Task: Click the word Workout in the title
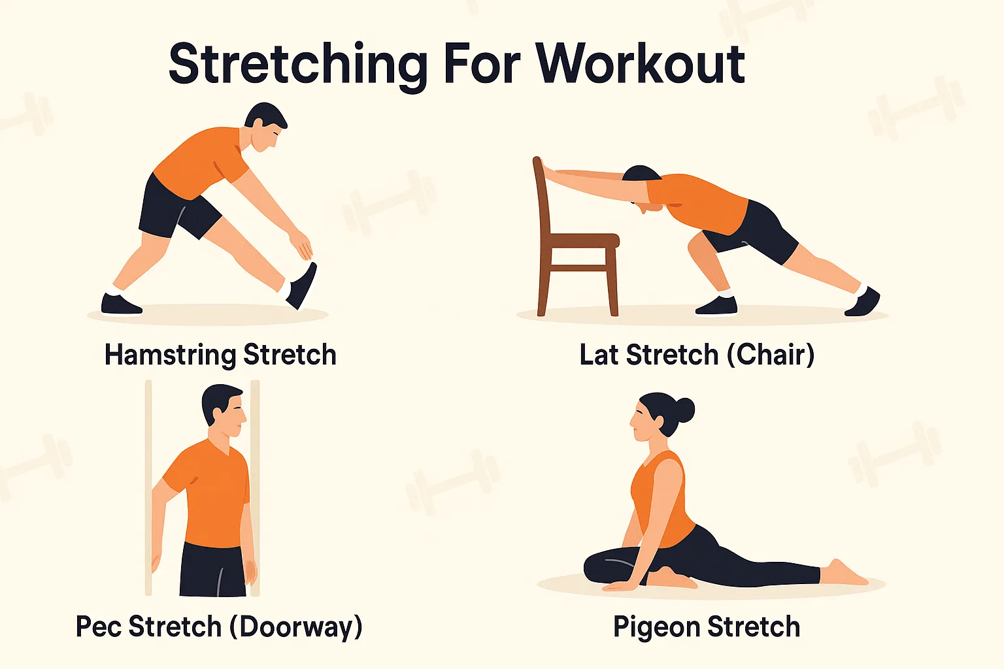641,64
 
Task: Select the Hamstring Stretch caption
220,355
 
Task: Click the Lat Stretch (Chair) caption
697,355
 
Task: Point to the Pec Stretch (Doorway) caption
219,627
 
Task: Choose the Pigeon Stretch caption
707,627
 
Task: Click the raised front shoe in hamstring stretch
303,285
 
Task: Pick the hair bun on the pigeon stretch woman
684,410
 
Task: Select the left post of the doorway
148,487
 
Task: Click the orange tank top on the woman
660,497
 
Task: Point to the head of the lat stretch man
641,186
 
